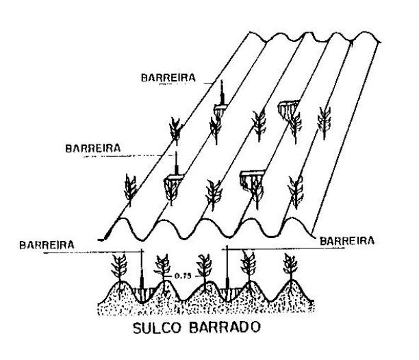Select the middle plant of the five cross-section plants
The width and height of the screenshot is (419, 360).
point(204,267)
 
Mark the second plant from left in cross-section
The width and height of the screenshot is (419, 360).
point(163,267)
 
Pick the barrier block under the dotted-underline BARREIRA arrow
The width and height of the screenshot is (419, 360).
point(175,181)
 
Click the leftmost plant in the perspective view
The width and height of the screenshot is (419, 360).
point(130,188)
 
